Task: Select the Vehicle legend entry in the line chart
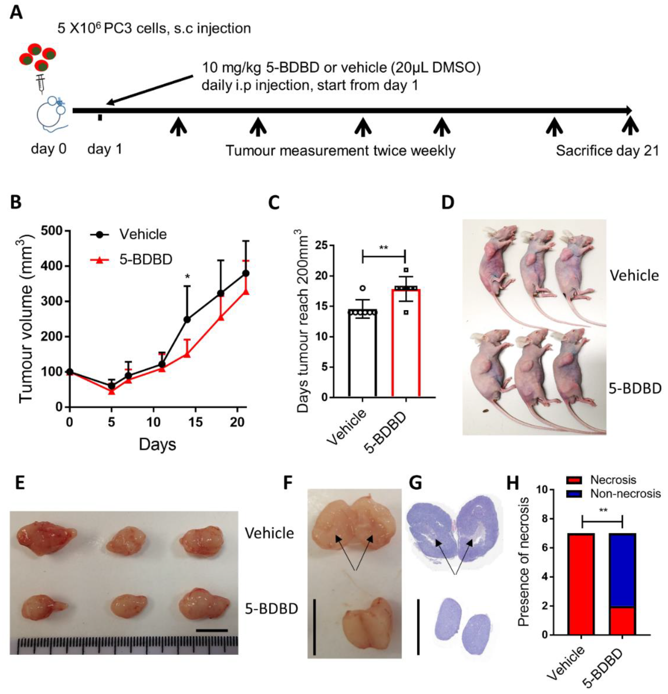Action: [x=128, y=234]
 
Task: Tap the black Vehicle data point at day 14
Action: [x=187, y=319]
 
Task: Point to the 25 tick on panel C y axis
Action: [x=319, y=245]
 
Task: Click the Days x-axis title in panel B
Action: [x=157, y=444]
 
